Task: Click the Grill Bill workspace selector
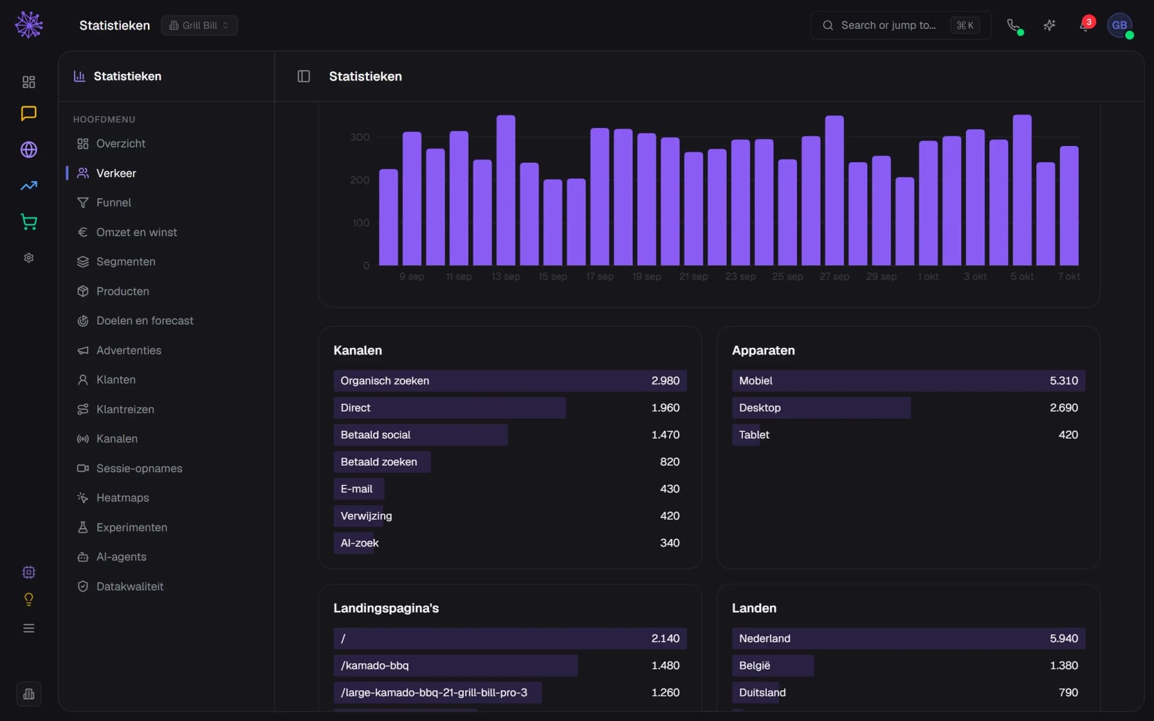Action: pyautogui.click(x=199, y=25)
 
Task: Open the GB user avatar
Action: pyautogui.click(x=1119, y=25)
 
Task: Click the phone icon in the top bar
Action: pyautogui.click(x=1013, y=25)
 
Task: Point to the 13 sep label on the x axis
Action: pyautogui.click(x=505, y=276)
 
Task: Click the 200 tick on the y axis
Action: pyautogui.click(x=359, y=180)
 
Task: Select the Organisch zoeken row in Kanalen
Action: pyautogui.click(x=510, y=381)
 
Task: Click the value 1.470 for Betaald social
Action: pyautogui.click(x=665, y=434)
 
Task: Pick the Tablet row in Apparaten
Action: pyautogui.click(x=908, y=434)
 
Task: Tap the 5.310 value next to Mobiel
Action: pyautogui.click(x=1063, y=381)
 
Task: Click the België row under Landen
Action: pyautogui.click(x=908, y=666)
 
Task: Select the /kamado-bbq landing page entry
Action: pyautogui.click(x=510, y=666)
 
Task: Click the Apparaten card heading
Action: pyautogui.click(x=763, y=350)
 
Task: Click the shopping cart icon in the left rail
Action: pyautogui.click(x=29, y=222)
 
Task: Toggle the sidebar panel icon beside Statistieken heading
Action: pyautogui.click(x=304, y=76)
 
